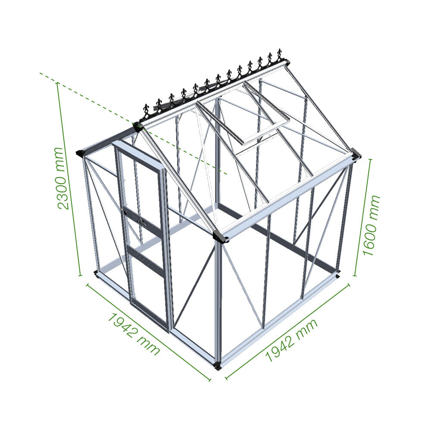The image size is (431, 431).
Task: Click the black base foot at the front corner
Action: (218, 365)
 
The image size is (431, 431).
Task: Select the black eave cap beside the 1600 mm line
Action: (356, 154)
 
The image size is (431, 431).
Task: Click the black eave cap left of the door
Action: (81, 153)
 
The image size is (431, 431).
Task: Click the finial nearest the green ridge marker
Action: (146, 111)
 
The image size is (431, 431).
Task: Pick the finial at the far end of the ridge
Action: (280, 55)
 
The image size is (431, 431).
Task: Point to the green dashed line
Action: (133, 123)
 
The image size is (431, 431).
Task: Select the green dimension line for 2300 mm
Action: (69, 179)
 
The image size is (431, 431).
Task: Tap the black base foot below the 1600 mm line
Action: (337, 275)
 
